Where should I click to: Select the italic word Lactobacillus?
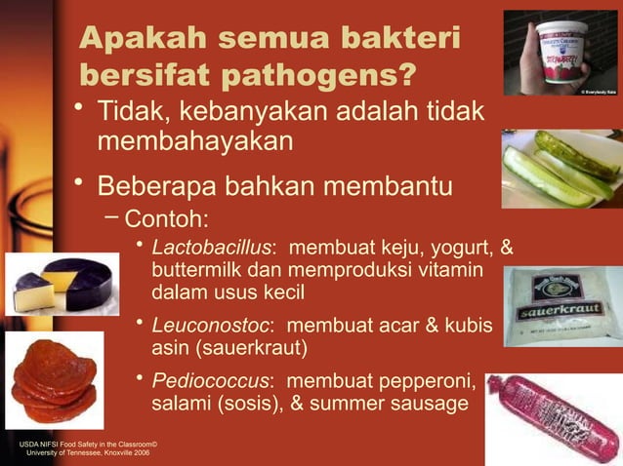[x=211, y=245]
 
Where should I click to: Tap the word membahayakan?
[x=194, y=140]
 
